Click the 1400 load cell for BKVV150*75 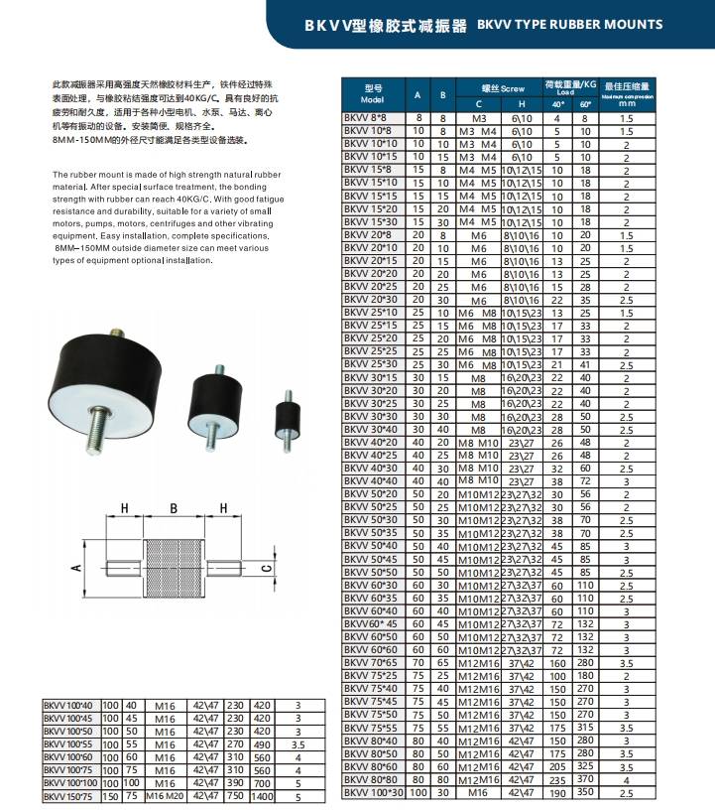coord(263,795)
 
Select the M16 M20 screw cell coord(165,795)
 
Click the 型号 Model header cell coord(373,94)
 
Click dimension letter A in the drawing coord(75,569)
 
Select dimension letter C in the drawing coord(265,568)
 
